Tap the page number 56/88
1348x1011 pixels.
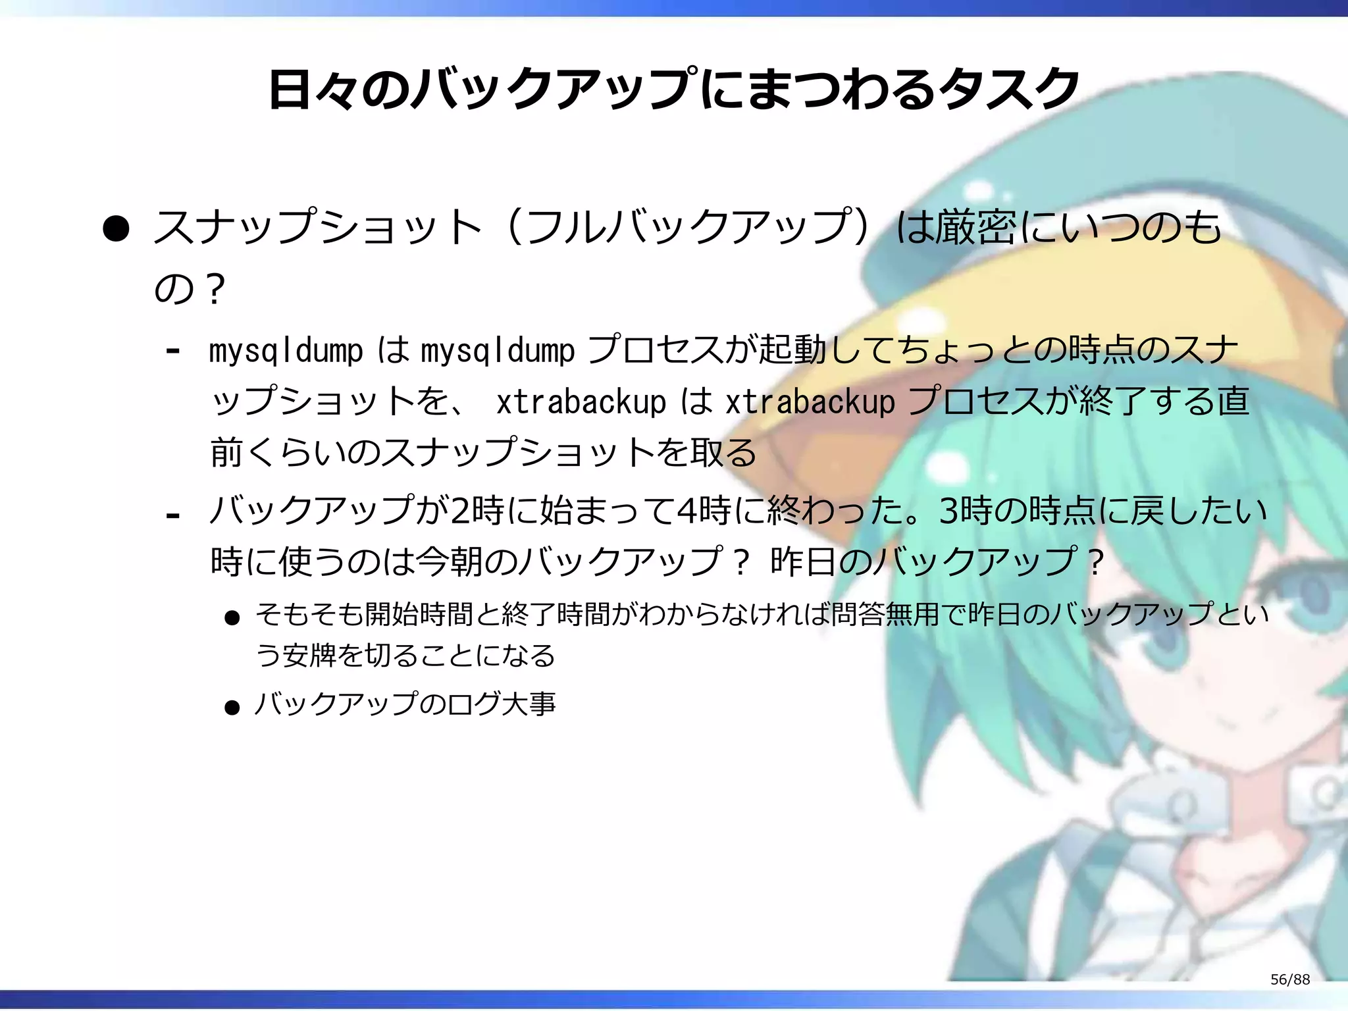(x=1289, y=979)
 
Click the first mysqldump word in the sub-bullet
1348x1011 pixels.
(x=285, y=351)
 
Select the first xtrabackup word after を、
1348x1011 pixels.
(x=581, y=402)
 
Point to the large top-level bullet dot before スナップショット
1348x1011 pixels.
(x=116, y=228)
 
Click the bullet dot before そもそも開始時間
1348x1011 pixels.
(x=232, y=617)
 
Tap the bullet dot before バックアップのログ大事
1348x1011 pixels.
(x=232, y=708)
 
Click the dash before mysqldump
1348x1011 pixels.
(x=173, y=351)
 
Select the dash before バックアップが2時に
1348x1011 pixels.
(x=173, y=515)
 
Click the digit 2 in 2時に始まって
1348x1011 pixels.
(x=459, y=511)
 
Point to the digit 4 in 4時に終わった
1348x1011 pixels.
(x=686, y=511)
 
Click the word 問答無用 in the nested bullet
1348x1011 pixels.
(x=887, y=614)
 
